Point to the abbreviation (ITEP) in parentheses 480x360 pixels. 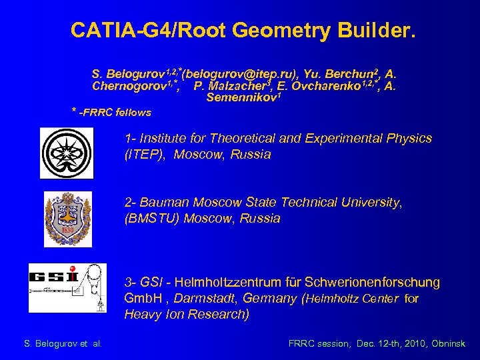(x=142, y=155)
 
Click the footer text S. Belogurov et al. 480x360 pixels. (x=63, y=344)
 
